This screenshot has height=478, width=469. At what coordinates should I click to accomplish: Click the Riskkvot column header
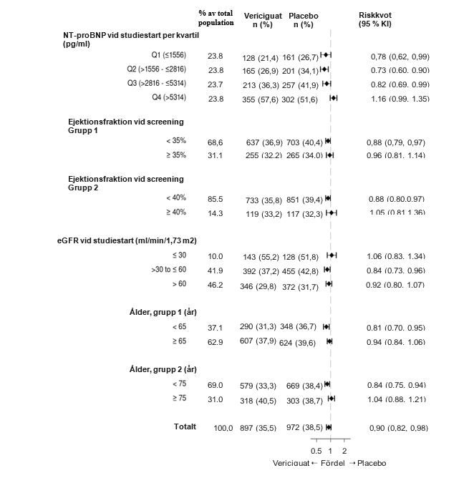374,19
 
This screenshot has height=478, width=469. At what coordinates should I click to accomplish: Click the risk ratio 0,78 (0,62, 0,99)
400,56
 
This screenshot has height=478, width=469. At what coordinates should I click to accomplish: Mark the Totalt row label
185,426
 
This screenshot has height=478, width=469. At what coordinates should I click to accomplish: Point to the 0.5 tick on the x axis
316,451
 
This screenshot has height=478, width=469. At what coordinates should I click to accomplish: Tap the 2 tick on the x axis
344,451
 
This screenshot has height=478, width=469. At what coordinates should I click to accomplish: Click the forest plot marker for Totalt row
329,427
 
